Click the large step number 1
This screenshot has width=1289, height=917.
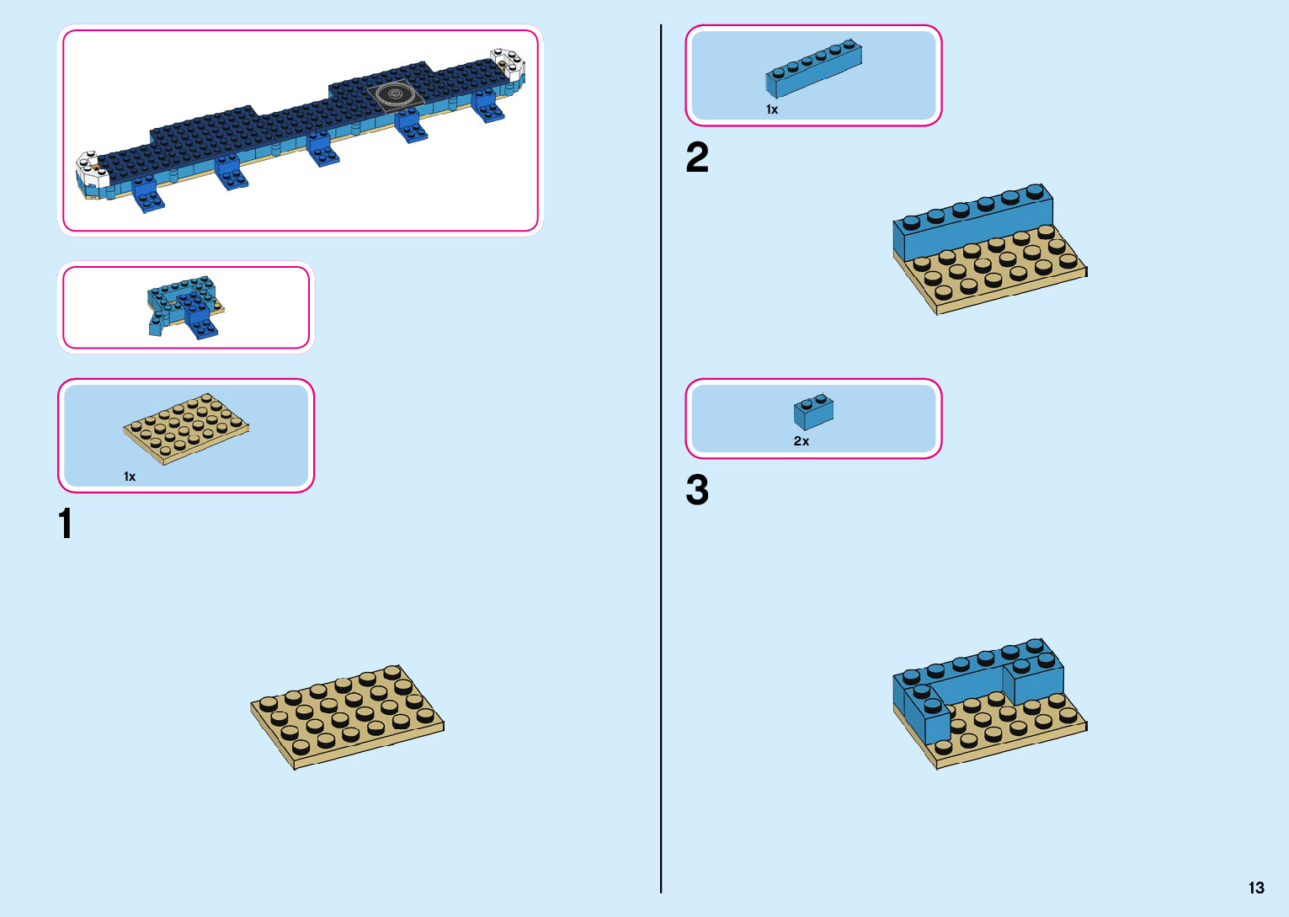(x=66, y=523)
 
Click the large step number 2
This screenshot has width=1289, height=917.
(x=697, y=157)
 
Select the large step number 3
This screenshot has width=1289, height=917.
(x=697, y=490)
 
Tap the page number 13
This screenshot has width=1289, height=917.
(x=1256, y=888)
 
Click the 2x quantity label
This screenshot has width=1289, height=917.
(x=802, y=441)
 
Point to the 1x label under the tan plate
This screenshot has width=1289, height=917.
(x=130, y=477)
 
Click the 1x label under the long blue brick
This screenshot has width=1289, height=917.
(x=772, y=109)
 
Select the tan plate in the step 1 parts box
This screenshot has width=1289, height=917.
(x=186, y=427)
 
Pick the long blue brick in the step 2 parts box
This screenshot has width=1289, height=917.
(x=813, y=68)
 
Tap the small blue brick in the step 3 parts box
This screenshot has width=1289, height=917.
(x=813, y=413)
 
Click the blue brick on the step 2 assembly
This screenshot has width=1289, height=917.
(x=972, y=222)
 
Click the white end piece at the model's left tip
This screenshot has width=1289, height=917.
(x=92, y=169)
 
